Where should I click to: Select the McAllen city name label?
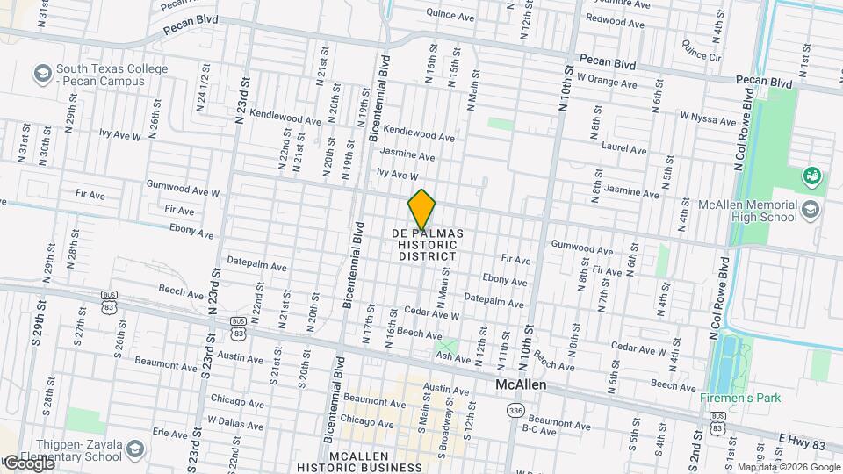521,385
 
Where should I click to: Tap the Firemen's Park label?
739,398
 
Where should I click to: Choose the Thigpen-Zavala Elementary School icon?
135,450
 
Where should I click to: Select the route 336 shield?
516,411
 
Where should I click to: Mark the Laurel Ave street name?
624,149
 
